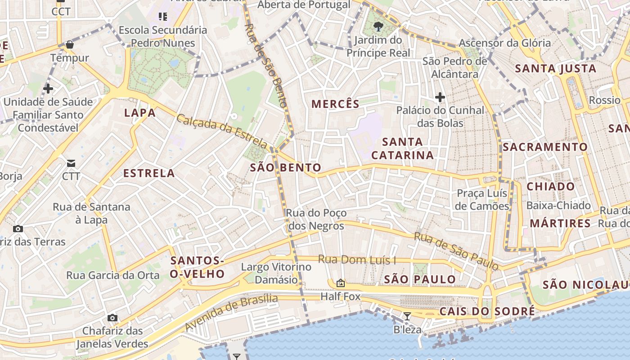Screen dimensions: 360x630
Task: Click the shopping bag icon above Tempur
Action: (x=69, y=45)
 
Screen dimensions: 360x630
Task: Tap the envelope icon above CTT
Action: (x=71, y=162)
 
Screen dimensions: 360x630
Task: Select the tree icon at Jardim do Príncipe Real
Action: (x=378, y=27)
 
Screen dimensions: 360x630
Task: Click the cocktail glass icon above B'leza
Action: (x=407, y=316)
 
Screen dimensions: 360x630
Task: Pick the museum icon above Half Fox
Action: (x=341, y=283)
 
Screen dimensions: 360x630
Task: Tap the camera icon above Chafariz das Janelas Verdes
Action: (x=112, y=318)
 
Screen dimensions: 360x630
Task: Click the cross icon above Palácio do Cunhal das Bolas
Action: (x=440, y=97)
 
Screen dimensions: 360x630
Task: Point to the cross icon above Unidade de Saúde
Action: (x=48, y=89)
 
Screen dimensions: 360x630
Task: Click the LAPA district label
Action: (x=140, y=113)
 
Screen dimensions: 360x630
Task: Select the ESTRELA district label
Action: (x=149, y=173)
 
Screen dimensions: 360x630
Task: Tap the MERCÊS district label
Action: (x=336, y=104)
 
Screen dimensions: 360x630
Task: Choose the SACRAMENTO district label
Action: (x=545, y=147)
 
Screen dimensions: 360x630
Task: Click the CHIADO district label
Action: (x=551, y=187)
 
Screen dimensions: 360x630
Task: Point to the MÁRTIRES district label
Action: (x=560, y=224)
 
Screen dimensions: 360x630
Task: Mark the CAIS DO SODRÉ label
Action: (x=487, y=311)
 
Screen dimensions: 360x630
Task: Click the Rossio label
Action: (x=605, y=100)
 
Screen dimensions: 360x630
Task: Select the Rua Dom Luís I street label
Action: (x=357, y=260)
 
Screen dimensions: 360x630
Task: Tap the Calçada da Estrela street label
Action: (x=222, y=131)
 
